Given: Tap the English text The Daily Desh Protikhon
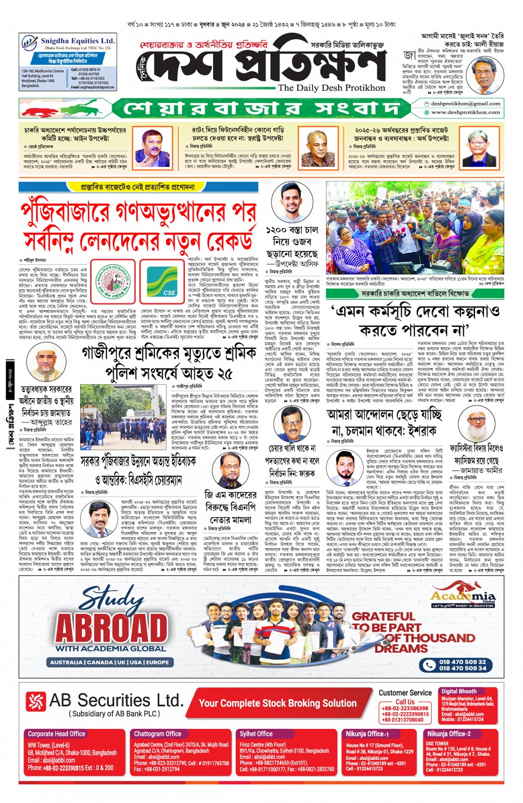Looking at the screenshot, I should coord(332,87).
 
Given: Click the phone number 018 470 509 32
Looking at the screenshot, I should coord(463,661).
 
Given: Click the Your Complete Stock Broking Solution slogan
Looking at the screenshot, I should coord(277,703).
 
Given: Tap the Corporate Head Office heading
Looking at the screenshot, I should coord(56,734).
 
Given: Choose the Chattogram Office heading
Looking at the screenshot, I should coord(158,734).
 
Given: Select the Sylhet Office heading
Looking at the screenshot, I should coord(256,734).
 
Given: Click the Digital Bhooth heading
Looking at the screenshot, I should coord(458,691).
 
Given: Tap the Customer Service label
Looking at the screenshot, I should coord(405,692).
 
